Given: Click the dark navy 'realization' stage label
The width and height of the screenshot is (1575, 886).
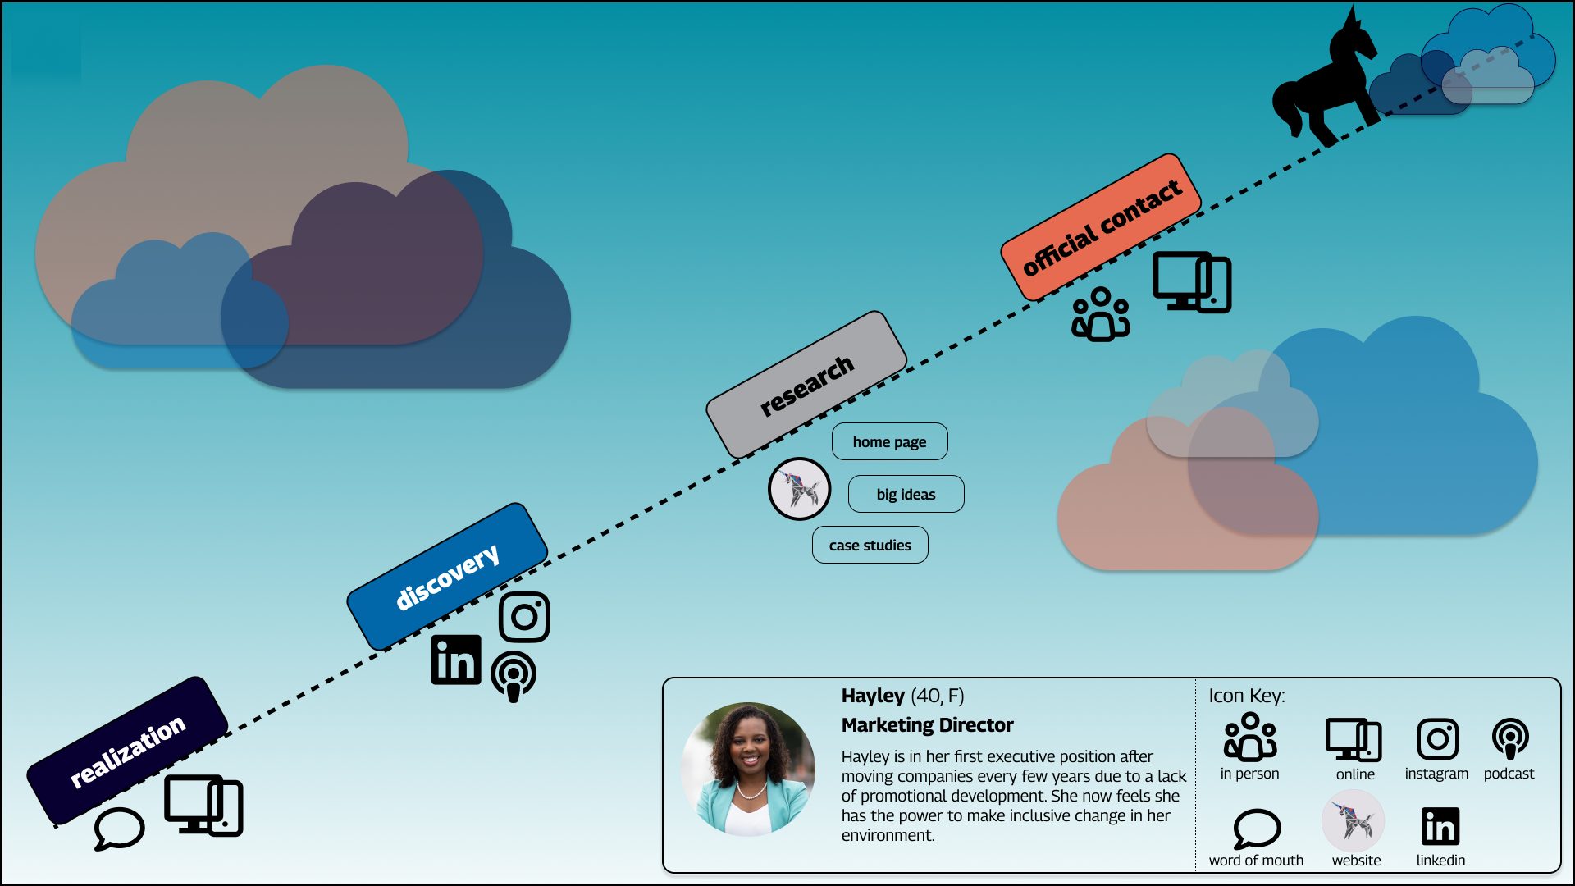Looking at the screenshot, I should pos(127,751).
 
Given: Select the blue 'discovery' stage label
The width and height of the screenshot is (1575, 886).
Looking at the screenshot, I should pos(447,577).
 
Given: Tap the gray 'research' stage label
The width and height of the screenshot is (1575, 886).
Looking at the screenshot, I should pos(806,385).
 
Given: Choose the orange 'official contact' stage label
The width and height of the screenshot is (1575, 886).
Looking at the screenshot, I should pos(1101,227).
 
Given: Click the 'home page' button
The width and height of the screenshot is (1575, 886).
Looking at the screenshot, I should pos(889,442).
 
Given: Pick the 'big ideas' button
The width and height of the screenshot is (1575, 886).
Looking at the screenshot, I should pos(906,495).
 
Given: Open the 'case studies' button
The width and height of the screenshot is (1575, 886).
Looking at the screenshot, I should pos(870,546).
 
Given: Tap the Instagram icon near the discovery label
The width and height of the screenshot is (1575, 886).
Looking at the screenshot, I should pos(524,617).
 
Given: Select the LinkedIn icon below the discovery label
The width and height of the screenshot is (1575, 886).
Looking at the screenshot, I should pos(456,660).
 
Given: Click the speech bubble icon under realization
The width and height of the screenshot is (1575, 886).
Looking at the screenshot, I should pos(119,829).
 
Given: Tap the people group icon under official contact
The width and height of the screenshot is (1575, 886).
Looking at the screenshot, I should pos(1100,314).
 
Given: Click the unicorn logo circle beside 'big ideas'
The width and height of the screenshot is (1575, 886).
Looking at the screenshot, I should pos(799,489).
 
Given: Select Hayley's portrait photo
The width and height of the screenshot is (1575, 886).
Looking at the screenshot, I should pos(748,770).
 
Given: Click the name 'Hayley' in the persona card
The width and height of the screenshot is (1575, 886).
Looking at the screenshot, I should pos(873,696).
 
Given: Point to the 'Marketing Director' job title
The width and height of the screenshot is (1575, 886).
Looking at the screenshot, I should pos(927,725).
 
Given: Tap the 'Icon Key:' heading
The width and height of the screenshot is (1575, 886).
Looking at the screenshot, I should pos(1246,696).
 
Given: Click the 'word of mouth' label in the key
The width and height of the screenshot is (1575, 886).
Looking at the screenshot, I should pos(1256,861).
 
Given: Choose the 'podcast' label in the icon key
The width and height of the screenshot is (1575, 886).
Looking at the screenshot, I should pos(1509,774).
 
